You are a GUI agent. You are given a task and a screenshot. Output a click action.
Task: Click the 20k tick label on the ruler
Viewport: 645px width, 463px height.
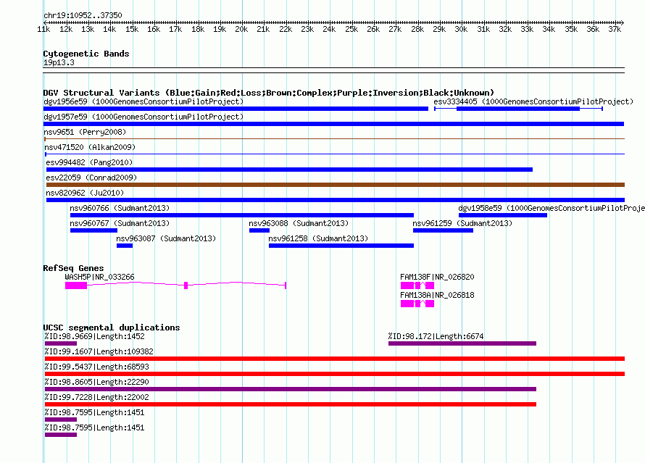[241, 29]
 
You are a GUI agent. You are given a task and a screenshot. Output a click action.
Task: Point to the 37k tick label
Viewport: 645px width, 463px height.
[615, 29]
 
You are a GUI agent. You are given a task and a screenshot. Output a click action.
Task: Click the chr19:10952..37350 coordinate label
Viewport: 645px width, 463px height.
[83, 15]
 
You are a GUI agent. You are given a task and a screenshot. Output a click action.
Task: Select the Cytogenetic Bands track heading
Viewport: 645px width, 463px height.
[86, 54]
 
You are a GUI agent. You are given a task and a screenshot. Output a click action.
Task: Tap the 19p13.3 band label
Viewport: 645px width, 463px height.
[59, 62]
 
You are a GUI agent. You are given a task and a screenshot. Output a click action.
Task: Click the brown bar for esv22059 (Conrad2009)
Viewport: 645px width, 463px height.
[336, 185]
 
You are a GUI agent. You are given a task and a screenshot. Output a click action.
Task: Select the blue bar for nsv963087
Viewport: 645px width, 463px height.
[125, 246]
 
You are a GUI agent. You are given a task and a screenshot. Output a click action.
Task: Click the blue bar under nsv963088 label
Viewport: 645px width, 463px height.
[259, 230]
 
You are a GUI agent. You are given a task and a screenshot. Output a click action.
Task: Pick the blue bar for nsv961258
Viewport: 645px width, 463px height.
[341, 246]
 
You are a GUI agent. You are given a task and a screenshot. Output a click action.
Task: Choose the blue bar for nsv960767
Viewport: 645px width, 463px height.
[93, 230]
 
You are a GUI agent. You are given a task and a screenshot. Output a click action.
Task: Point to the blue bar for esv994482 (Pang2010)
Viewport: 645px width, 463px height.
[289, 170]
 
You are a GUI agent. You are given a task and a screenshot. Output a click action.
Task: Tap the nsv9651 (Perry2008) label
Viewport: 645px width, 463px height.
[85, 132]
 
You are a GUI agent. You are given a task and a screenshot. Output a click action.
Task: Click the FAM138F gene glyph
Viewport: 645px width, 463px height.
[417, 285]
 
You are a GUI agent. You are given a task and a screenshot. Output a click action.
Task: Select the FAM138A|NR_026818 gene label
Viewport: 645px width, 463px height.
[437, 295]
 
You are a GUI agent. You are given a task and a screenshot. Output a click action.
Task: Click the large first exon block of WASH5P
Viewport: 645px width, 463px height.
[76, 285]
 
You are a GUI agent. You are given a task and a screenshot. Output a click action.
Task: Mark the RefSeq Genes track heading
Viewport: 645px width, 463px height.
[73, 268]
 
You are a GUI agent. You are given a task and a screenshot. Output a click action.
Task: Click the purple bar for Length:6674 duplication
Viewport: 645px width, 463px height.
[462, 343]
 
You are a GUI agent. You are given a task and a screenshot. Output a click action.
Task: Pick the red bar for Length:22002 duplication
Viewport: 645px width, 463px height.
[291, 404]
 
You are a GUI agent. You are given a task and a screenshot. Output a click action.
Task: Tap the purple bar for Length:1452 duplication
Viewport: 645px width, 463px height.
[60, 343]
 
